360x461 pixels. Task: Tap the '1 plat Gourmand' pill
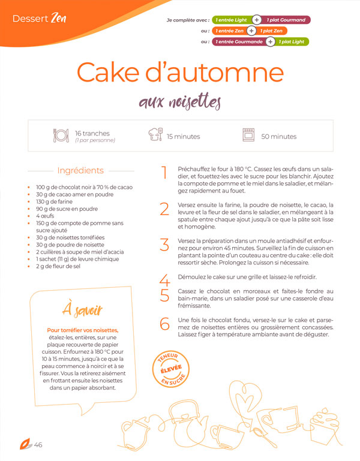click(286, 20)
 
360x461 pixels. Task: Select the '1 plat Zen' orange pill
click(271, 31)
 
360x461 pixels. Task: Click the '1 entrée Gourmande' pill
click(239, 42)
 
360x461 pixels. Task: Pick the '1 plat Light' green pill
click(292, 42)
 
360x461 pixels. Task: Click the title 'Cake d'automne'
click(180, 72)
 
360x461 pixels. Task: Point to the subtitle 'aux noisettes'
click(180, 102)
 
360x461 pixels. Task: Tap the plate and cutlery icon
click(61, 135)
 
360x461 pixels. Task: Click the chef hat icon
click(155, 134)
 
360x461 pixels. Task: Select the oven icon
click(248, 135)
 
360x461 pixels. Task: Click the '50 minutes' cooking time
click(279, 137)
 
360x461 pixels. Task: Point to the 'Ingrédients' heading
click(80, 170)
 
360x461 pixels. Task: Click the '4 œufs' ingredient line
click(45, 216)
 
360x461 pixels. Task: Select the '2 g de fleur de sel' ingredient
click(58, 266)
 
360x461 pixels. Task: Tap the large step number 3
click(164, 245)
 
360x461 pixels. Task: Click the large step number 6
click(164, 324)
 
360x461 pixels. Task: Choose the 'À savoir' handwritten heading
click(82, 310)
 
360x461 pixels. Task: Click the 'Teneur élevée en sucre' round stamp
click(171, 369)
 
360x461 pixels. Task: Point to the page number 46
click(38, 445)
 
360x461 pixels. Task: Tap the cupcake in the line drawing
click(325, 426)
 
